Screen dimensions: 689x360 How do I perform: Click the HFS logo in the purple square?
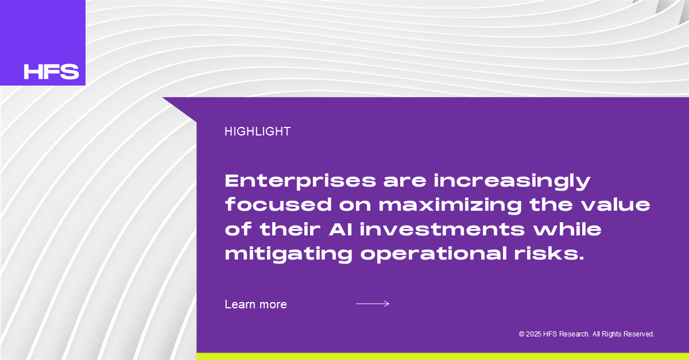pyautogui.click(x=51, y=72)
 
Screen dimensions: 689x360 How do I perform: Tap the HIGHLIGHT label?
pyautogui.click(x=257, y=131)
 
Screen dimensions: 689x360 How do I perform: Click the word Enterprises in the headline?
pyautogui.click(x=300, y=181)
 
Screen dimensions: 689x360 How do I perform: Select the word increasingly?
pyautogui.click(x=512, y=181)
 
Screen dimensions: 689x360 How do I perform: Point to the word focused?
pyautogui.click(x=278, y=204)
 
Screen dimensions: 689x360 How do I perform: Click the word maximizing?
pyautogui.click(x=450, y=205)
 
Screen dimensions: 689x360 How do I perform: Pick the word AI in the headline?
pyautogui.click(x=340, y=229)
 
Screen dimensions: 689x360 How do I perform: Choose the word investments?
pyautogui.click(x=442, y=229)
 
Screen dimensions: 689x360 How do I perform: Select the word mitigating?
pyautogui.click(x=288, y=254)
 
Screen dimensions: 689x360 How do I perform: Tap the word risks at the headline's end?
pyautogui.click(x=549, y=253)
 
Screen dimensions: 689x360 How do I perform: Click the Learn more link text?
pyautogui.click(x=256, y=304)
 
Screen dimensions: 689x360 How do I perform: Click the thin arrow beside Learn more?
pyautogui.click(x=373, y=304)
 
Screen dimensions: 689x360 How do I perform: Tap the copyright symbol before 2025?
pyautogui.click(x=521, y=334)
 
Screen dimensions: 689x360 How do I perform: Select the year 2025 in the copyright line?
pyautogui.click(x=533, y=334)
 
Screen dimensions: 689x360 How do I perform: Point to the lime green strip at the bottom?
pyautogui.click(x=443, y=357)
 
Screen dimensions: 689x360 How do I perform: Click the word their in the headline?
pyautogui.click(x=290, y=229)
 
